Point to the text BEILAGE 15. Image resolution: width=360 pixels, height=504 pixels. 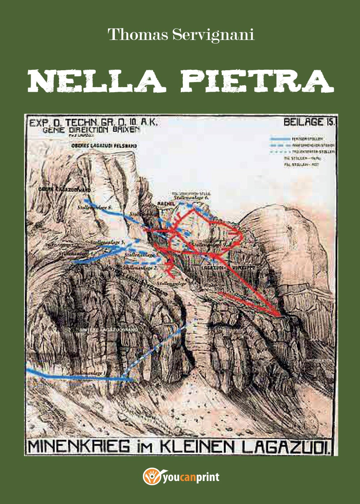point(309,122)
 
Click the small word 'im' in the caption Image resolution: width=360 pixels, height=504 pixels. point(146,447)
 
